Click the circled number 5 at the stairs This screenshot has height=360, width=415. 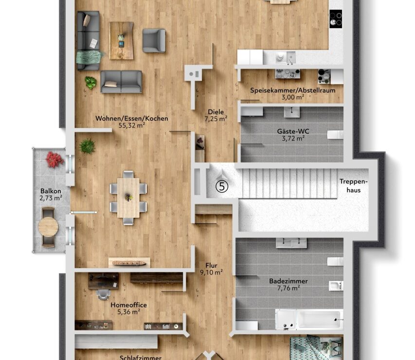222,186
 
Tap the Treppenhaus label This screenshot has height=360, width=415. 354,186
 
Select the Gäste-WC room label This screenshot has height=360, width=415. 293,131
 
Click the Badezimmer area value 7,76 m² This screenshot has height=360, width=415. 289,288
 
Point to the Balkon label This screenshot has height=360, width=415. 51,191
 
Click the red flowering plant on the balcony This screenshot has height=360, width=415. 54,160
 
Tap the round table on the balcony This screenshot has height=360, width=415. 48,227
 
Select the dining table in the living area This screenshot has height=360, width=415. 128,198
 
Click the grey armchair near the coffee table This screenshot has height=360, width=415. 154,40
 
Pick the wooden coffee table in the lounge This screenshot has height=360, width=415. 121,40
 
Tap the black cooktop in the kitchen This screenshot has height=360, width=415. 336,19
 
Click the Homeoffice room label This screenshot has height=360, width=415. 128,305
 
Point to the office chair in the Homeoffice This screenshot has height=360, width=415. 103,294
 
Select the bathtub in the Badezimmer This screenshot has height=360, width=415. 309,319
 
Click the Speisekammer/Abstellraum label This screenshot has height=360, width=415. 293,90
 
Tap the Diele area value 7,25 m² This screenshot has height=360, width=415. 216,119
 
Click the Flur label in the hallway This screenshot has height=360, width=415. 212,265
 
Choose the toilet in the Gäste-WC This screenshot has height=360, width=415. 335,135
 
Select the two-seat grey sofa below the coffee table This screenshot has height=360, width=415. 121,82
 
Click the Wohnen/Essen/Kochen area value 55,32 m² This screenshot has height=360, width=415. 131,125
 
